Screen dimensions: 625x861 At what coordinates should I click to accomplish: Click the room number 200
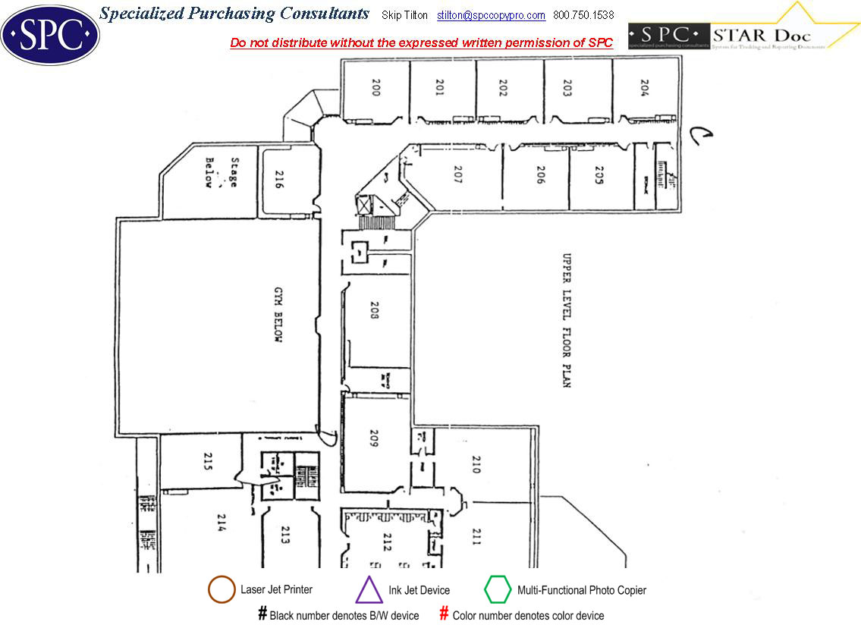coord(376,89)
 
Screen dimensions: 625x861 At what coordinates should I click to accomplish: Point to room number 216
coord(278,181)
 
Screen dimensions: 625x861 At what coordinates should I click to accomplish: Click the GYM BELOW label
coord(278,327)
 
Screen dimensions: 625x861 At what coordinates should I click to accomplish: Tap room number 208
coord(374,310)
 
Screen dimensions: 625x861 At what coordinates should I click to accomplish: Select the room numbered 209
coord(374,439)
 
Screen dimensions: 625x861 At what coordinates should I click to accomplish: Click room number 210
coord(476,464)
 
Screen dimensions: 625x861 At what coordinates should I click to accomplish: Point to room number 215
coord(206,460)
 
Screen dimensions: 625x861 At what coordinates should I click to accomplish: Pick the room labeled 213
coord(286,535)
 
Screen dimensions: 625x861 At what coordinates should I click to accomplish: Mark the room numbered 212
coord(386,542)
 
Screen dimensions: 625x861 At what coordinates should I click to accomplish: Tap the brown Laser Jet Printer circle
coord(221,590)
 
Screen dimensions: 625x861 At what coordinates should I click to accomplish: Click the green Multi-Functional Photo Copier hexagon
coord(498,589)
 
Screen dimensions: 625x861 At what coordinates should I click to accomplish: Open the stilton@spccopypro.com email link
coord(491,16)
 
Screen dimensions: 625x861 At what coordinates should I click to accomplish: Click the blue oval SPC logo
coord(50,34)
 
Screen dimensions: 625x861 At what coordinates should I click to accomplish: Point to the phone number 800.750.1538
coord(583,16)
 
